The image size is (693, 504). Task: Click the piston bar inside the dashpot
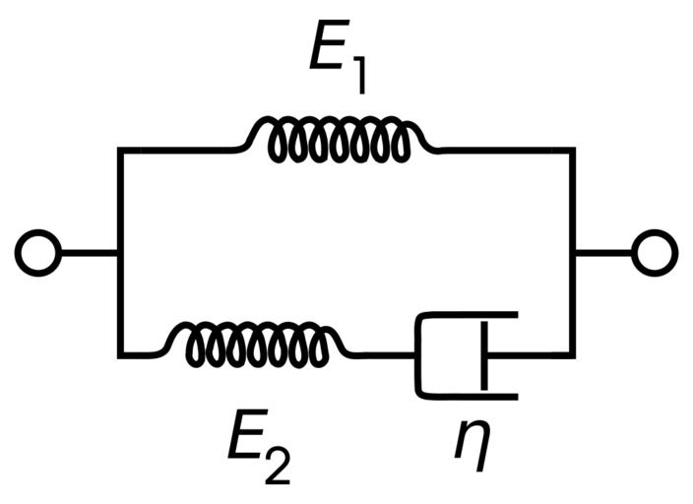(x=482, y=354)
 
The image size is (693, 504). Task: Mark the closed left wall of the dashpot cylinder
(x=420, y=354)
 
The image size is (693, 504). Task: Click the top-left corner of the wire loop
(x=120, y=150)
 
